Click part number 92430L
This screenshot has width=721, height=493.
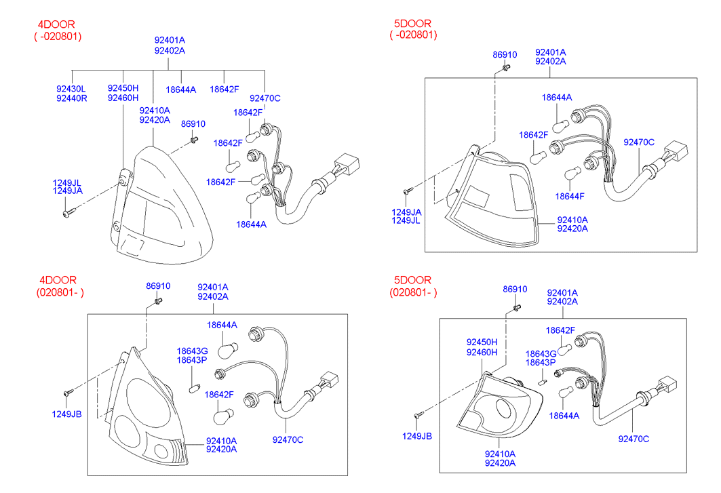click(x=71, y=89)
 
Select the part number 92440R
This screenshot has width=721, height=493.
click(x=71, y=98)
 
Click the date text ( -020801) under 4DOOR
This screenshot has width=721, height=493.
click(x=58, y=36)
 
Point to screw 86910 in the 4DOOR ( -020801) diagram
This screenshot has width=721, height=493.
click(x=194, y=140)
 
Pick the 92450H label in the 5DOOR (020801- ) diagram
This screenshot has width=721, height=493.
click(x=482, y=342)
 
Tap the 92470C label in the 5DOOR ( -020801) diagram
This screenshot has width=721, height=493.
click(x=639, y=142)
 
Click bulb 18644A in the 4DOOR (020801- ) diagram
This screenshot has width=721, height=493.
click(x=226, y=349)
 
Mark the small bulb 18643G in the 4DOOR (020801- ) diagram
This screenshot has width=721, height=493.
click(x=192, y=388)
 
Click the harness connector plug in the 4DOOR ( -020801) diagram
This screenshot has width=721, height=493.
click(x=347, y=164)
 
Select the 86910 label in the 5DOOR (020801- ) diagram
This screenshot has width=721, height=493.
click(x=515, y=290)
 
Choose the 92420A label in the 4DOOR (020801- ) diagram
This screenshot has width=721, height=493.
click(x=221, y=449)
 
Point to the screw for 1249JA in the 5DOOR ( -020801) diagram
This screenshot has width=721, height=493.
click(x=407, y=191)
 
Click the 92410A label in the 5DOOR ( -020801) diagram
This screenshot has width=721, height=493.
click(x=572, y=220)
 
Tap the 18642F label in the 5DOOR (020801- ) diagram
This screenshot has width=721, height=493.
click(x=560, y=330)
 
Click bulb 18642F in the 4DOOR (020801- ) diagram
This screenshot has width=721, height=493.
click(x=222, y=413)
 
